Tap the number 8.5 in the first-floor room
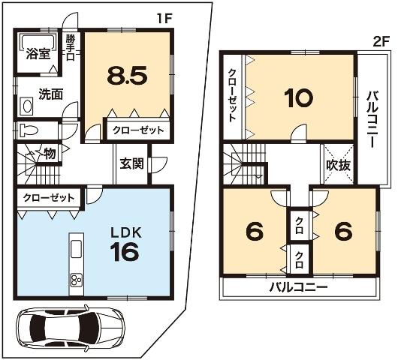point(127,75)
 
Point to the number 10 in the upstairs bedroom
point(298,97)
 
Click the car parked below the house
point(68,328)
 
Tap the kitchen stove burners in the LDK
point(77,280)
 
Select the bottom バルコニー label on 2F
point(298,288)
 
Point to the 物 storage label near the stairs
point(50,154)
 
